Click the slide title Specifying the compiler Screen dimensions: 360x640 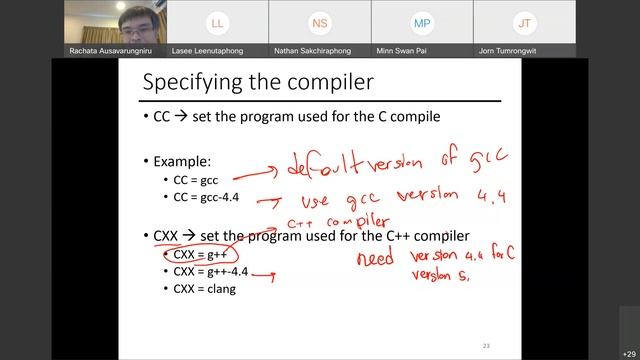click(x=258, y=81)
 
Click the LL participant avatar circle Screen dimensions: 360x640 click(x=217, y=22)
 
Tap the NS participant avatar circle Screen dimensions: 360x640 click(x=319, y=22)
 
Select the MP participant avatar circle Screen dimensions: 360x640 click(x=422, y=22)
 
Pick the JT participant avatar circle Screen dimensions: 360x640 click(x=524, y=22)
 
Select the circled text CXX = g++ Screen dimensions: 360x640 click(x=200, y=255)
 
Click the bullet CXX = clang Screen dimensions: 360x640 click(x=205, y=288)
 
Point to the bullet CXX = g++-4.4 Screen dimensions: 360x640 click(x=210, y=271)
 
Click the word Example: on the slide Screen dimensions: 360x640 click(x=185, y=160)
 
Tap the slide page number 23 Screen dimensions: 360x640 click(x=486, y=346)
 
